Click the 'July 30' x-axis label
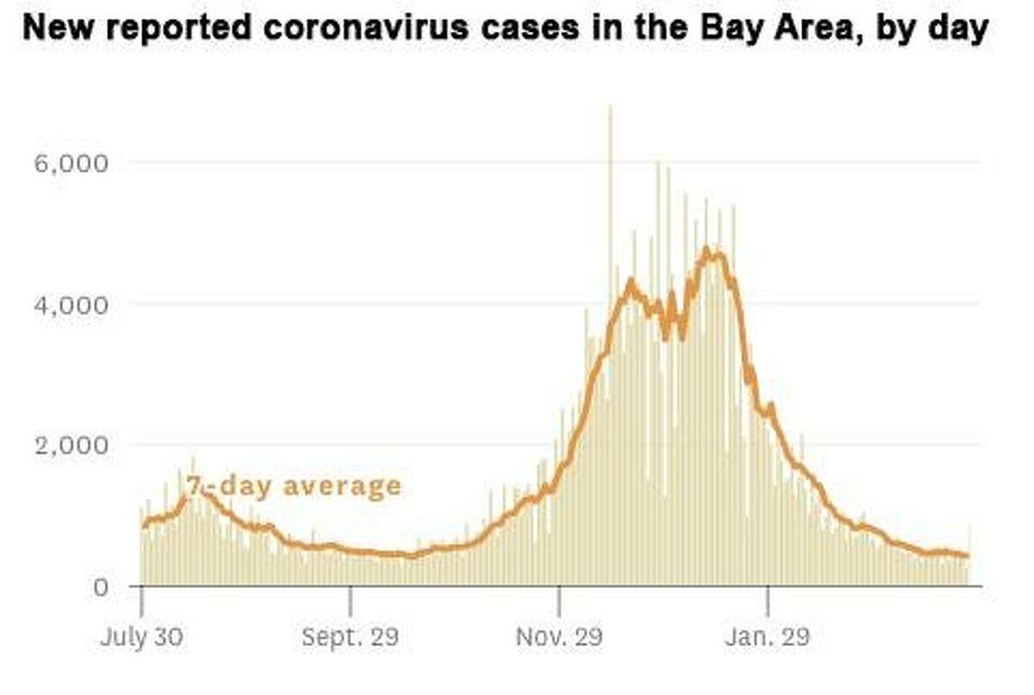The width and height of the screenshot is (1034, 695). point(141,639)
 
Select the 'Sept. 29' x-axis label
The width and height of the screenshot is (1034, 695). point(351,639)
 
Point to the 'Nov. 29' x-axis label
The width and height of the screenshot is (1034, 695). point(560,639)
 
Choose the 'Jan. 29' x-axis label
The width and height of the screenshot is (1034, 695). point(768,639)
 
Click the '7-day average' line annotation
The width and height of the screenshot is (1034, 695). point(295,485)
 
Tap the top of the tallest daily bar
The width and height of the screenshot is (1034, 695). point(610,107)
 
